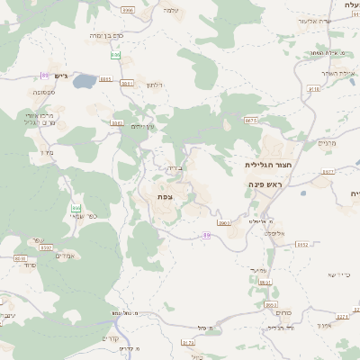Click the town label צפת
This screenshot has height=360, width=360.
[x=165, y=196]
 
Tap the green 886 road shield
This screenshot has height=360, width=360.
[x=115, y=55]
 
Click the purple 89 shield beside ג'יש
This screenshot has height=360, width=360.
[x=44, y=75]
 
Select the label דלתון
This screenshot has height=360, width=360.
[x=154, y=85]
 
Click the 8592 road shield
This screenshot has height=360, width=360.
[x=46, y=247]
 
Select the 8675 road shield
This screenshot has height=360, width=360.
[x=251, y=120]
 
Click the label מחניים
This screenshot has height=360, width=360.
[x=326, y=142]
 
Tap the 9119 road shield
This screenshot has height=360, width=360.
[x=314, y=89]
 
